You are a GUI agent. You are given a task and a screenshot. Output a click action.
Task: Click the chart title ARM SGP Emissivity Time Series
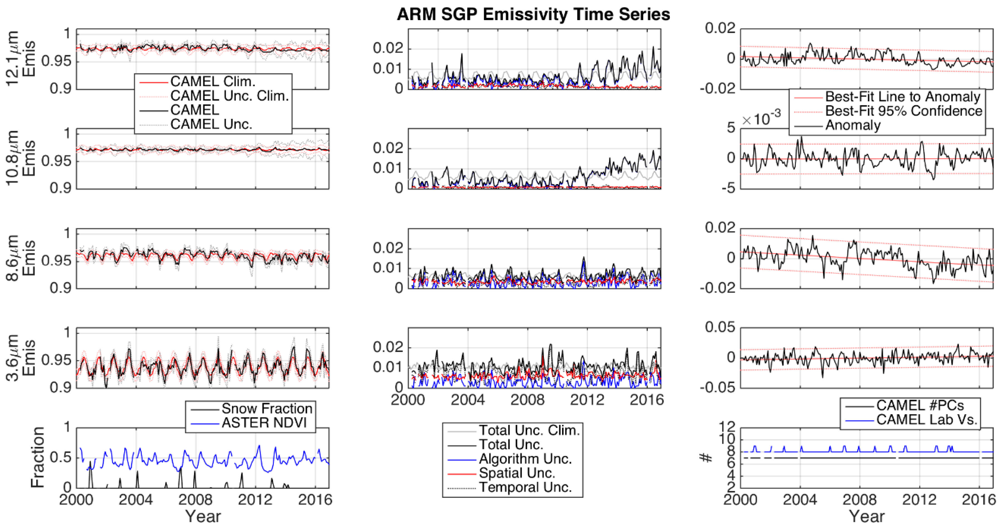point(533,15)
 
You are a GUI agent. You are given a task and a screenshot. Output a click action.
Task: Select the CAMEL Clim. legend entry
point(212,82)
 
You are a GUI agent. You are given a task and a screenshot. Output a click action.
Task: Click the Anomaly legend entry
point(853,125)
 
